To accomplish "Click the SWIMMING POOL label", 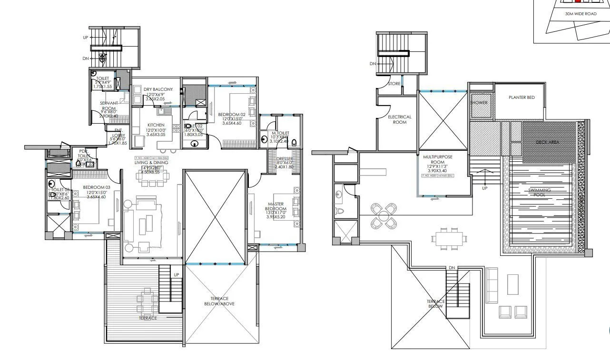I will pyautogui.click(x=539, y=193).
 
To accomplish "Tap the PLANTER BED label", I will pyautogui.click(x=521, y=97).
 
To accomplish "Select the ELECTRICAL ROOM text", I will pyautogui.click(x=399, y=119).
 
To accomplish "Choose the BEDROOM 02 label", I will pyautogui.click(x=231, y=115).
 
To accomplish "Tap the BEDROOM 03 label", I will pyautogui.click(x=96, y=187).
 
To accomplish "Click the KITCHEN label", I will pyautogui.click(x=156, y=125).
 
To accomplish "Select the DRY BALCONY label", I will pyautogui.click(x=158, y=89).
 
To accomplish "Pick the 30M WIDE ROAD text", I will pyautogui.click(x=580, y=14).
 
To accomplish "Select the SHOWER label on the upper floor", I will pyautogui.click(x=479, y=103).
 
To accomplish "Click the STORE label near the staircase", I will pyautogui.click(x=394, y=84).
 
